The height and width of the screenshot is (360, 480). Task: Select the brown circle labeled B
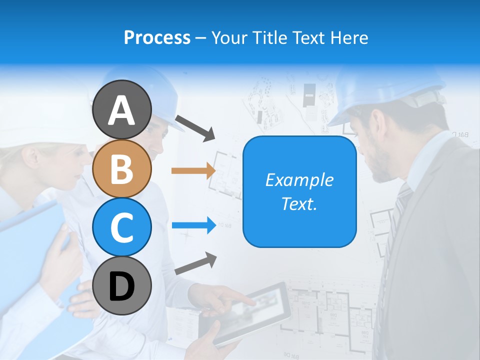point(121,168)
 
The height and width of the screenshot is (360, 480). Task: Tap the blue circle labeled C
point(121,227)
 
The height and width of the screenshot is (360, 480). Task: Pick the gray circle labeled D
point(121,285)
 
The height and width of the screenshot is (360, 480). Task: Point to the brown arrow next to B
point(193,170)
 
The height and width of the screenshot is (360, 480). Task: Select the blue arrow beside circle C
point(193,225)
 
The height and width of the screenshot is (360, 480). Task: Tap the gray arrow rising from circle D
point(195,263)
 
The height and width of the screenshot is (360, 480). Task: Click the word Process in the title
point(157,38)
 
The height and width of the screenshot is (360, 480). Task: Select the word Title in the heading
point(270,38)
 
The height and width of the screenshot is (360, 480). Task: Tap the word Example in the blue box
point(299,180)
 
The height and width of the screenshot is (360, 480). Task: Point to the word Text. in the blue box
point(299,203)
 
